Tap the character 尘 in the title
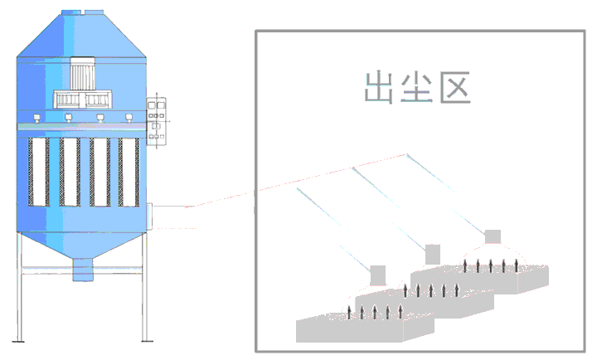tap(419, 87)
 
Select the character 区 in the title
tap(455, 87)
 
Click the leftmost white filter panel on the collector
tap(38, 172)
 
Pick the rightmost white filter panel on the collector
tap(128, 172)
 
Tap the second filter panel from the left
tap(69, 172)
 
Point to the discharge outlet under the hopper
tap(82, 269)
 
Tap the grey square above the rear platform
tap(493, 236)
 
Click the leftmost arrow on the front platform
tap(348, 313)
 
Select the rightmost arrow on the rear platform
tap(516, 265)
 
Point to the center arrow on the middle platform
tap(431, 289)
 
